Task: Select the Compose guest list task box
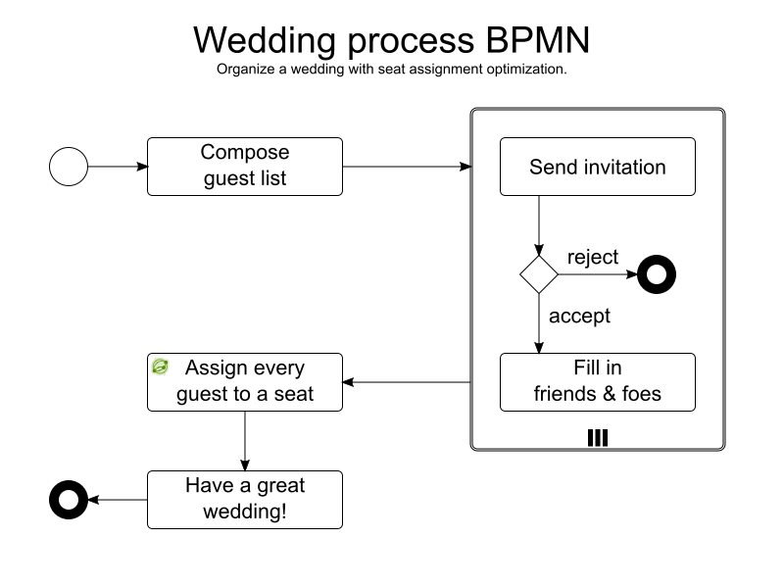[x=245, y=167]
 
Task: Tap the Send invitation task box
[x=598, y=167]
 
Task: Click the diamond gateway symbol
[x=539, y=274]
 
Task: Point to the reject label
[x=593, y=258]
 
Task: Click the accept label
[x=579, y=316]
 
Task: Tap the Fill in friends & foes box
[x=598, y=382]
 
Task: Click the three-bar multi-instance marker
[x=598, y=437]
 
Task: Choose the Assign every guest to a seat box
[x=245, y=382]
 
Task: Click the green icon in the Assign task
[x=160, y=367]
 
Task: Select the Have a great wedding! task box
[x=245, y=500]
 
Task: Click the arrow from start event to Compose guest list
[x=118, y=167]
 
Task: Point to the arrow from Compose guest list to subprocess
[x=407, y=167]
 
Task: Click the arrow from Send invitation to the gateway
[x=539, y=225]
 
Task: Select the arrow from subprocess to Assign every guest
[x=407, y=382]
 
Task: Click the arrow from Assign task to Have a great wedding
[x=245, y=441]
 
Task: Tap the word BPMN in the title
[x=537, y=40]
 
